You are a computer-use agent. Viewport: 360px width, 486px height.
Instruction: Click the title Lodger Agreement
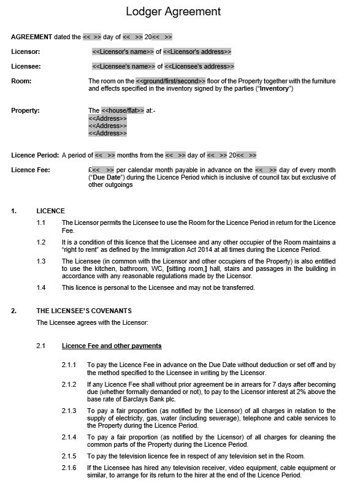[173, 11]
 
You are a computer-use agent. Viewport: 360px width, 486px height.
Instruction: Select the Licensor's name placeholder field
[123, 51]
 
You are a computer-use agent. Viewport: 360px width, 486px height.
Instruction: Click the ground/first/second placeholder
[170, 81]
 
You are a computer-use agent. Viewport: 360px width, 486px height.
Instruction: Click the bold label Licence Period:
[35, 155]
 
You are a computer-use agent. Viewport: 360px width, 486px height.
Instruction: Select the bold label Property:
[25, 110]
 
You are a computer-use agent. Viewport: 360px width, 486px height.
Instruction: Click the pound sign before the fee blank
[90, 170]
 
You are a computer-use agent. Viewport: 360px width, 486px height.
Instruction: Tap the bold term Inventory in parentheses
[274, 89]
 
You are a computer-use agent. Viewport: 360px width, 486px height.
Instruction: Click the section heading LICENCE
[50, 211]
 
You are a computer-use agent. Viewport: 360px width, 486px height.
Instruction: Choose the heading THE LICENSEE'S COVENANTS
[83, 311]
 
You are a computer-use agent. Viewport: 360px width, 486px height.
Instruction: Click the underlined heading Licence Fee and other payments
[112, 346]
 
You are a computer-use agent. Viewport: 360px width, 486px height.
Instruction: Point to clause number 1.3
[41, 261]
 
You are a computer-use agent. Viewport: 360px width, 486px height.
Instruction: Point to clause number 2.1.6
[69, 467]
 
